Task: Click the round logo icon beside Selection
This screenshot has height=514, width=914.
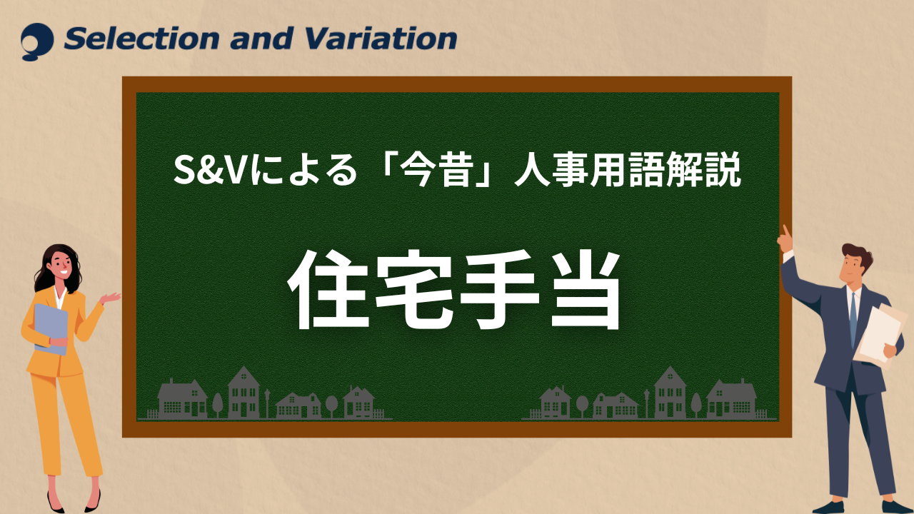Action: click(37, 41)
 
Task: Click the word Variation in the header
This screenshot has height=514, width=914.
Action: click(381, 39)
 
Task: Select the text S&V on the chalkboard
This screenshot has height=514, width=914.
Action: click(210, 170)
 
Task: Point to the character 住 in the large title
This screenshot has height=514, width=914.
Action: click(329, 290)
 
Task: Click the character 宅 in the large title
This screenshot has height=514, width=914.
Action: click(414, 290)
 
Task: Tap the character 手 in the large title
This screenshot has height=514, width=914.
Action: click(499, 290)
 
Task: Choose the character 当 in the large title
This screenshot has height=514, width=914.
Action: click(585, 290)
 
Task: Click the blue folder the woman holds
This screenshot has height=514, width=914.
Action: click(51, 329)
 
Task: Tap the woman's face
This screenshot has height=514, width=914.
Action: click(61, 266)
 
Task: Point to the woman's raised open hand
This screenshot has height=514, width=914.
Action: click(110, 298)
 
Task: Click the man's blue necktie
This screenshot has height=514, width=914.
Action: click(853, 320)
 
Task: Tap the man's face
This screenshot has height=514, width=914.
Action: click(853, 268)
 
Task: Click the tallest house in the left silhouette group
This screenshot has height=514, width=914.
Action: click(243, 393)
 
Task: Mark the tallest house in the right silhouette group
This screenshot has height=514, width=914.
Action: click(670, 393)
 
